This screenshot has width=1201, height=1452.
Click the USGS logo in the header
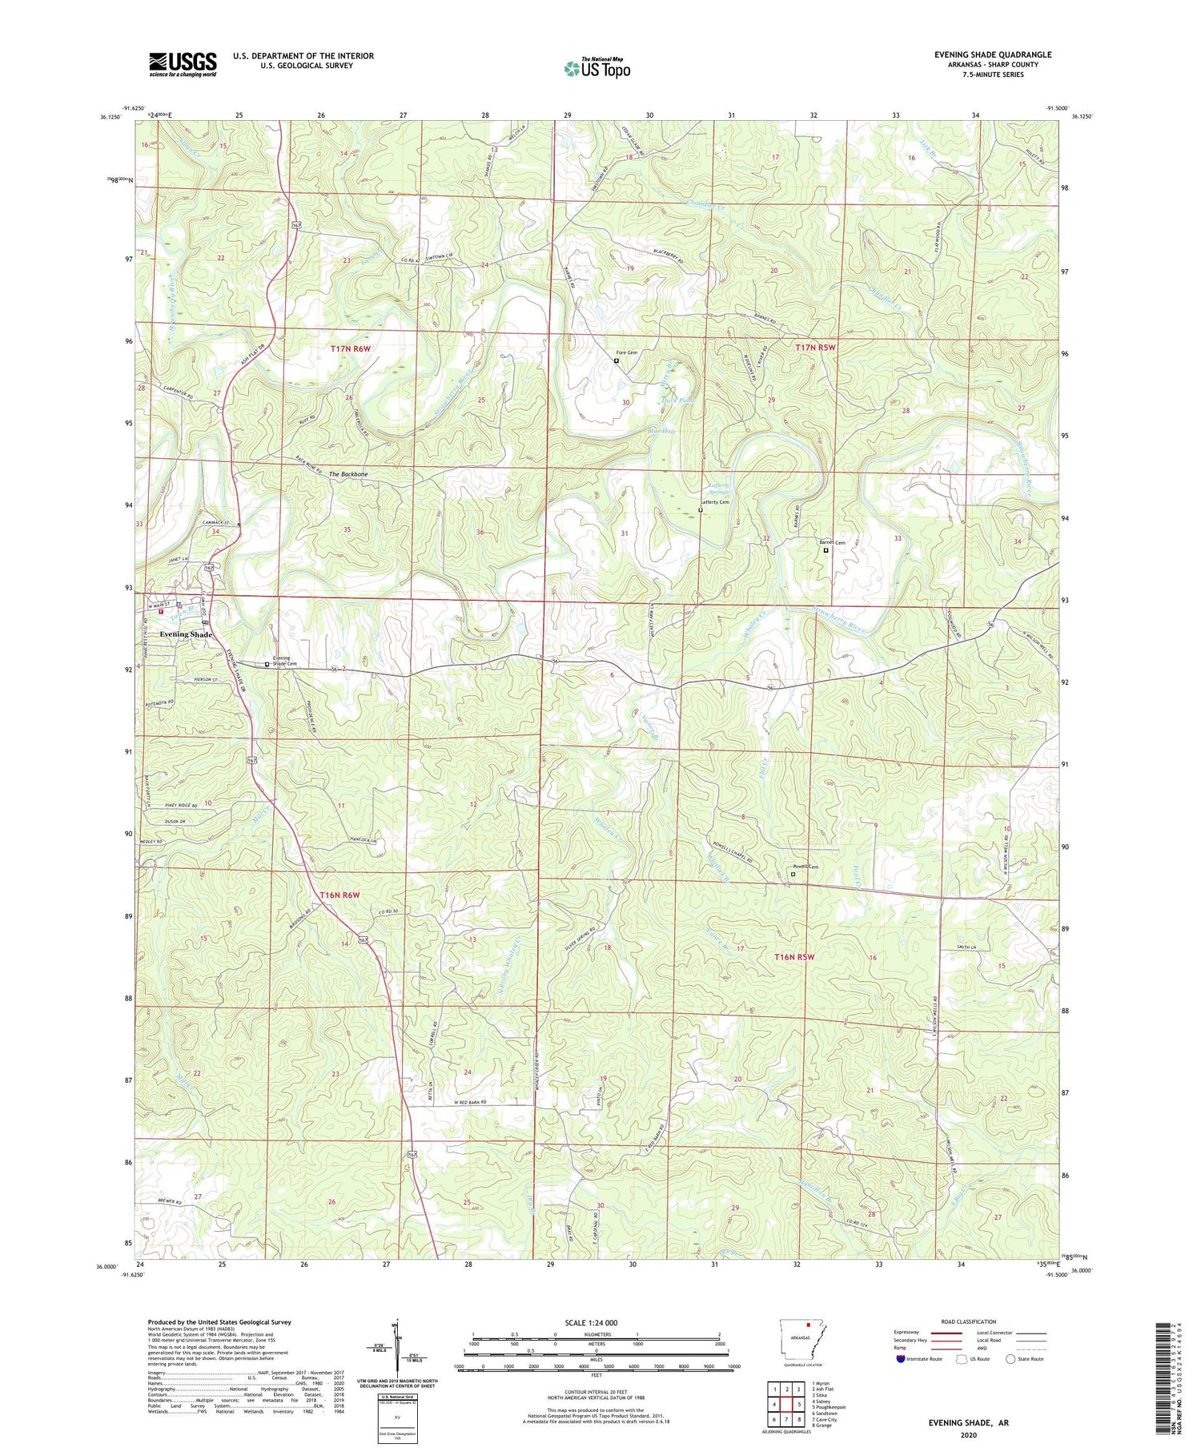[183, 64]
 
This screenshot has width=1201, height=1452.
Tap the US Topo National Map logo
[596, 68]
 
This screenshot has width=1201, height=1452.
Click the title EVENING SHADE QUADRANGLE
[992, 54]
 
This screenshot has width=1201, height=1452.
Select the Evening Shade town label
[186, 634]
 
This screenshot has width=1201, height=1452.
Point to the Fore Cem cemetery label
[626, 352]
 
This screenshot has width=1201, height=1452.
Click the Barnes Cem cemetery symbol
[826, 550]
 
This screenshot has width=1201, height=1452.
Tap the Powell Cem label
[805, 867]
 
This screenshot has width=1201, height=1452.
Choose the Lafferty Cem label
[714, 502]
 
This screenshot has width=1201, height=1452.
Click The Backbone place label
[348, 474]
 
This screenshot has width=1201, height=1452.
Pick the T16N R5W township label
[793, 957]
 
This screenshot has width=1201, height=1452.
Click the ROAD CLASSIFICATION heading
[969, 1321]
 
